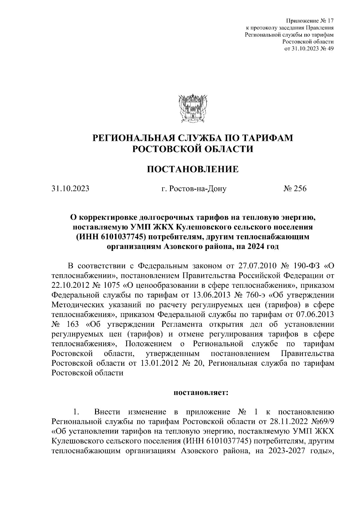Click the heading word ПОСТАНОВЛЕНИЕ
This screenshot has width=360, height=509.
pyautogui.click(x=193, y=170)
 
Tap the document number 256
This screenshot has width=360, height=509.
pyautogui.click(x=298, y=189)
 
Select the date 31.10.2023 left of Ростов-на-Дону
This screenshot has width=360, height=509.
pyautogui.click(x=70, y=189)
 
